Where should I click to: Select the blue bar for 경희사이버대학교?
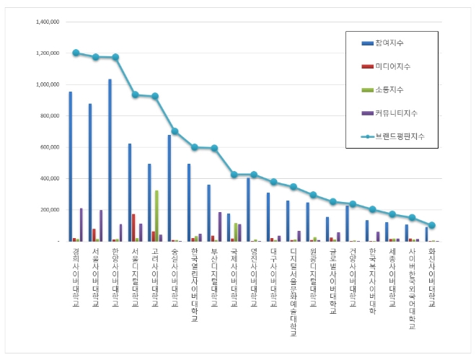coord(70,167)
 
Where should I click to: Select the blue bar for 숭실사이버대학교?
coord(169,188)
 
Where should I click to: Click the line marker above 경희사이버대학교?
coord(76,53)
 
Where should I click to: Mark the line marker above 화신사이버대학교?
coord(432,225)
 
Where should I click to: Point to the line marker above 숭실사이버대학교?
coord(175,131)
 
